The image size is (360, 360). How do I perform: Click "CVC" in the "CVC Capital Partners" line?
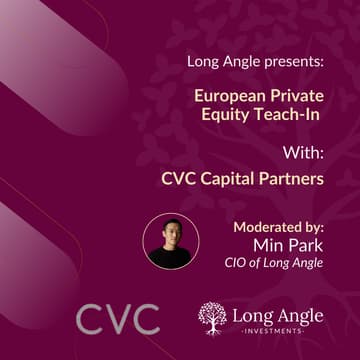coord(179,180)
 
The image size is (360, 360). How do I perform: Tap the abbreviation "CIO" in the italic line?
coord(239,263)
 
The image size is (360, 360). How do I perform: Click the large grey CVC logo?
coord(118,319)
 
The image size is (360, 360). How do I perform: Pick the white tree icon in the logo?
coord(211,318)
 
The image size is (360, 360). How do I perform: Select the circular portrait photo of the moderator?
coord(171,241)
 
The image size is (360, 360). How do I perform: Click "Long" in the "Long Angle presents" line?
coord(203,62)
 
